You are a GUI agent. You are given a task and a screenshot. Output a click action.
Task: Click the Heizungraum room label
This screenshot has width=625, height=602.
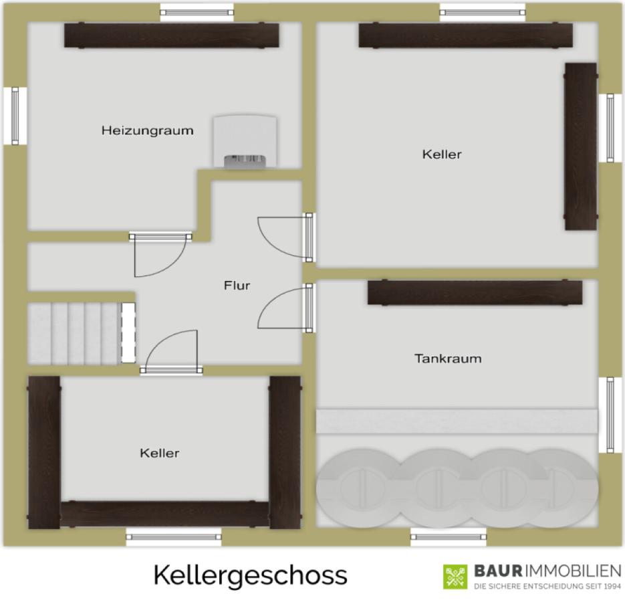[148, 130]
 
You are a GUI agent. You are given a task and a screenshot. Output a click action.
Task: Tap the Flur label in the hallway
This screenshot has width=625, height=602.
[237, 285]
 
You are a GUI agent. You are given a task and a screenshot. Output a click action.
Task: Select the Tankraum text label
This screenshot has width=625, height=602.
[448, 359]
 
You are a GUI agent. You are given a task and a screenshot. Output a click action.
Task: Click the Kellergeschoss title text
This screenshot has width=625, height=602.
[250, 575]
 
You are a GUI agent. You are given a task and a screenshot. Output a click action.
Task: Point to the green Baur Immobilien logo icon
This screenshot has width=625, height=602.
[455, 577]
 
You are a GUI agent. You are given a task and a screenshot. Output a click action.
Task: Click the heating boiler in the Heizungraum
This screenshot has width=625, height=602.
[245, 141]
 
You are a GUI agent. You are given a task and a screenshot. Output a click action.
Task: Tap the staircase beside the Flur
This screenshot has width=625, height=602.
[82, 334]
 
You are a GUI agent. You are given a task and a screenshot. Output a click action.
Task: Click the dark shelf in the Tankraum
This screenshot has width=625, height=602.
[475, 292]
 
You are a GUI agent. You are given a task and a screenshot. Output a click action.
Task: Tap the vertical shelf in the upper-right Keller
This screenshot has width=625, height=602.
[581, 146]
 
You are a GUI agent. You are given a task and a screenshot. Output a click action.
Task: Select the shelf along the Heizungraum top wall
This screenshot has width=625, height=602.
[172, 35]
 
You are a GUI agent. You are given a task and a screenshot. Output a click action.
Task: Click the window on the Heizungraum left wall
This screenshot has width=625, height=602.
[15, 116]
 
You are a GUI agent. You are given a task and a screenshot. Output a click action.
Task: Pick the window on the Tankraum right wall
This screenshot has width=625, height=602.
[610, 415]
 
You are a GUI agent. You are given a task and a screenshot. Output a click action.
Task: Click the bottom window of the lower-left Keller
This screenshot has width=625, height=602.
[173, 536]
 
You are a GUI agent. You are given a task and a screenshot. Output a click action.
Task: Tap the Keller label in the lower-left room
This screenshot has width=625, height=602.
[160, 453]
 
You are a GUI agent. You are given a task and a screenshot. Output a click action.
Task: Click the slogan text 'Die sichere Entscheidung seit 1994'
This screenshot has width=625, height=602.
[547, 586]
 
